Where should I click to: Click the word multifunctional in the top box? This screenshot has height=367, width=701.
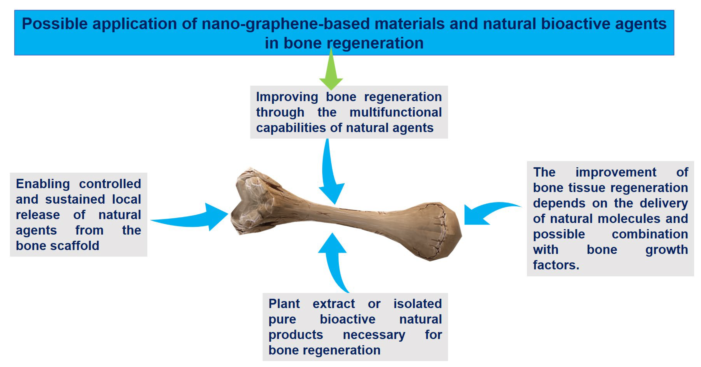395,112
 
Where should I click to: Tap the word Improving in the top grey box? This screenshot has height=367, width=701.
287,97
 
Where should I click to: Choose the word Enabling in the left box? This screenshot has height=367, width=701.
43,184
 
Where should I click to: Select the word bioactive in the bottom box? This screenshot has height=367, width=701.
347,319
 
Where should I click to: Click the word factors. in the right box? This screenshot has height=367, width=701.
556,265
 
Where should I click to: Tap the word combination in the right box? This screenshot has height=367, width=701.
650,234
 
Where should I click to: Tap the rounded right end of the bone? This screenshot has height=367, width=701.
435,231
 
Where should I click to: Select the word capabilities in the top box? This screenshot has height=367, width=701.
291,128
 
